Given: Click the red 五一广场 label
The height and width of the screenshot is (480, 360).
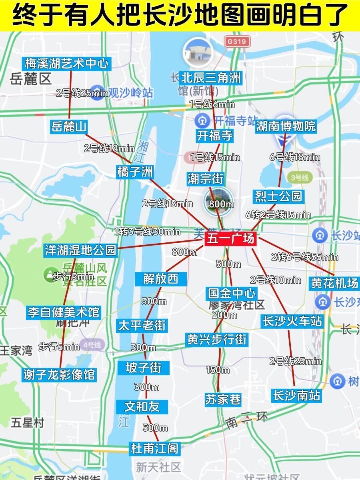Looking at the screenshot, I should click(x=230, y=239).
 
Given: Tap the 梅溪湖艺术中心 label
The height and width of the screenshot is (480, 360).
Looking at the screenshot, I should click(x=66, y=63).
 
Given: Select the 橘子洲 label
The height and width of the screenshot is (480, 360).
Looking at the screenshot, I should click(x=135, y=172).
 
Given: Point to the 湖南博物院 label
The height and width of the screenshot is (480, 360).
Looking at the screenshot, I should click(x=286, y=126).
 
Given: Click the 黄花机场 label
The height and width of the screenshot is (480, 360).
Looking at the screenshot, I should click(x=335, y=283).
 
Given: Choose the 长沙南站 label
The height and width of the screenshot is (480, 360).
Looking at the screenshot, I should click(x=296, y=395).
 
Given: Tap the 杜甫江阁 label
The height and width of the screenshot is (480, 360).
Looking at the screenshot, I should click(x=154, y=448).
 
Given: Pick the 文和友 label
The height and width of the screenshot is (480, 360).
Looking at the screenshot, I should click(x=142, y=406).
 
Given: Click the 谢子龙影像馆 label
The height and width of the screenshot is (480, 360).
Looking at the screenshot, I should click(x=59, y=374).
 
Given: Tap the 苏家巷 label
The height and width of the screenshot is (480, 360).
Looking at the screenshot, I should click(x=223, y=399).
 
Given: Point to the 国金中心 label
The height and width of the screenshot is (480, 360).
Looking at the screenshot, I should click(x=232, y=293).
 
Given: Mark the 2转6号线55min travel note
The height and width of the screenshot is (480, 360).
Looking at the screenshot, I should click(x=304, y=257).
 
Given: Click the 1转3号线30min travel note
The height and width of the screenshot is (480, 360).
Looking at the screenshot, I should click(x=147, y=231).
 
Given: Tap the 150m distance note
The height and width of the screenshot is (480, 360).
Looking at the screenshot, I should click(x=218, y=370).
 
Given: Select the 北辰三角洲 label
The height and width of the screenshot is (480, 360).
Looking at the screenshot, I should click(x=211, y=77).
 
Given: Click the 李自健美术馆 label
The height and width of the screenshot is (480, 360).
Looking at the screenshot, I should click(x=64, y=312).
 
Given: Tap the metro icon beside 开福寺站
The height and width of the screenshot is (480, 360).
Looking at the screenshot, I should click(x=201, y=120).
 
